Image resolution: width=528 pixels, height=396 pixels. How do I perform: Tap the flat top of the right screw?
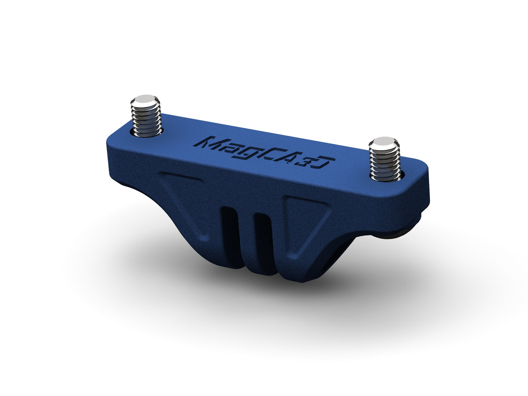point(384,142)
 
